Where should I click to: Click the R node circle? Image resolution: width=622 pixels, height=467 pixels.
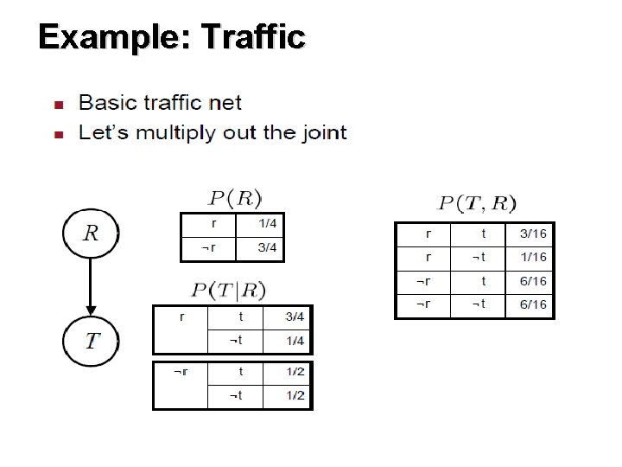click(91, 233)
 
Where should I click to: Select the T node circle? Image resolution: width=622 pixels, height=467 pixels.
click(91, 339)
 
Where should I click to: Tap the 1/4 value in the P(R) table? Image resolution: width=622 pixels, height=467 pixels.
click(269, 224)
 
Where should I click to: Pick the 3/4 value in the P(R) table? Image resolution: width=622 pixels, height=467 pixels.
click(269, 248)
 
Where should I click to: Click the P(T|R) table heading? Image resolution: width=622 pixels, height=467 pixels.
click(230, 290)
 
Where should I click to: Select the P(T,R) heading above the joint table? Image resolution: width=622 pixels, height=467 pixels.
click(477, 204)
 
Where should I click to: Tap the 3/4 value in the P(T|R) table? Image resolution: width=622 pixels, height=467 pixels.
click(295, 317)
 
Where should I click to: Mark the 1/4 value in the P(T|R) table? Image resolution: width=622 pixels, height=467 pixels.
click(295, 341)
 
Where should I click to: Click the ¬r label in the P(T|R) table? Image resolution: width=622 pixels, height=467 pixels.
click(181, 372)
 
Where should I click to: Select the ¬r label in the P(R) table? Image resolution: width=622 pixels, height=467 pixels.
click(208, 248)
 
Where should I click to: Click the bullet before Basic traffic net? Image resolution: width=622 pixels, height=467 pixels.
click(59, 105)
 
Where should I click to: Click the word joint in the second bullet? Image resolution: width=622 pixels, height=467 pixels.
click(321, 133)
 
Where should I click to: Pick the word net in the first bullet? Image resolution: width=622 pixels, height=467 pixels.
click(227, 103)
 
